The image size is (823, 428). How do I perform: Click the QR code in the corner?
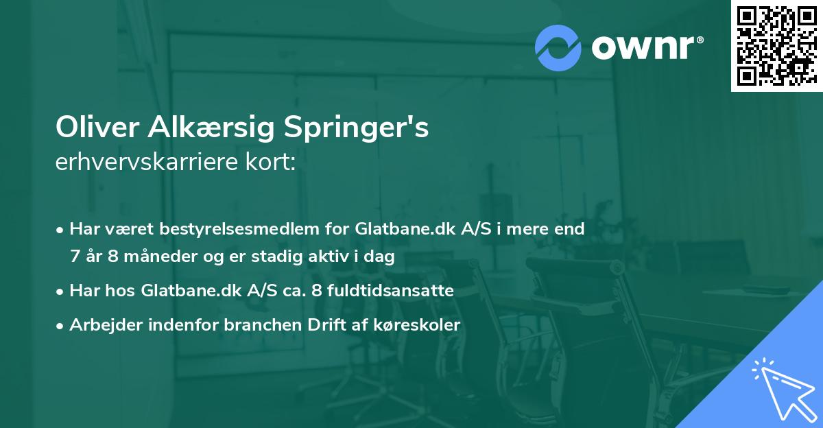pyautogui.click(x=776, y=45)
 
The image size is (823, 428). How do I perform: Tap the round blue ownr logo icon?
pyautogui.click(x=558, y=48)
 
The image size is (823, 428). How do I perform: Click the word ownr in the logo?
pyautogui.click(x=645, y=47)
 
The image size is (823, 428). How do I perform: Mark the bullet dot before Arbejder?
pyautogui.click(x=61, y=326)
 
